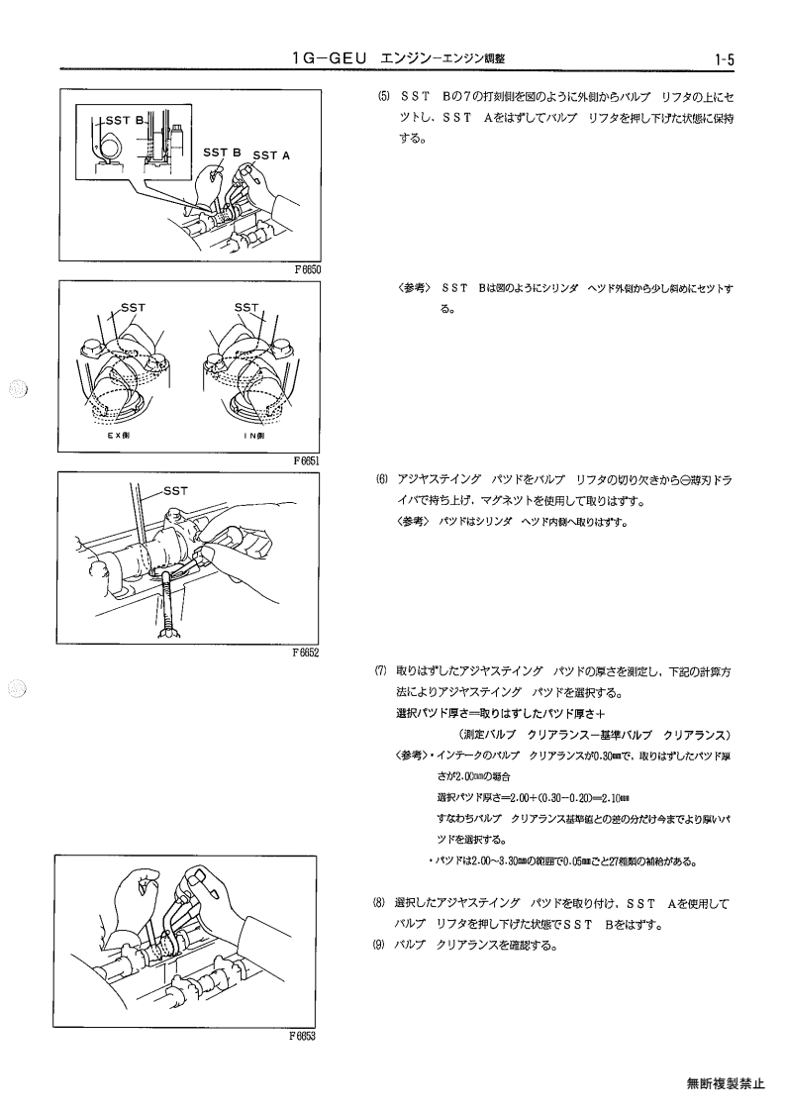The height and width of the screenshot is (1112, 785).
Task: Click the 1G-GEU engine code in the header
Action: [330, 58]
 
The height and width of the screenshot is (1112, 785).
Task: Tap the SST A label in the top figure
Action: [271, 155]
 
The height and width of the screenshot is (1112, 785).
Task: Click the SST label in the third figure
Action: [175, 491]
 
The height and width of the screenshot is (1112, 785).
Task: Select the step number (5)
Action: [383, 97]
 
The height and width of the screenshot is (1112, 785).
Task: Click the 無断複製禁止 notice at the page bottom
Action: [726, 1083]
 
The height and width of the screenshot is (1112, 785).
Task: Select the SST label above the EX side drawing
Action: [133, 308]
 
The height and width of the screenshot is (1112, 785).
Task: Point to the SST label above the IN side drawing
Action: [246, 308]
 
